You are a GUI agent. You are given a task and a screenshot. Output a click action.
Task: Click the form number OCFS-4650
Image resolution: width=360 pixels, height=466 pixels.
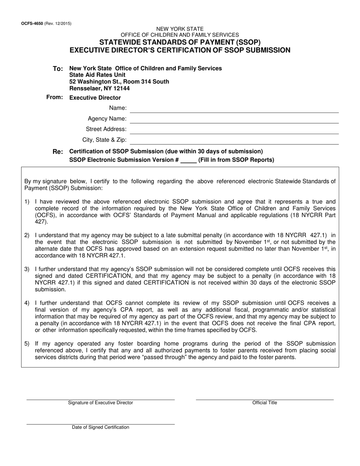click(32, 23)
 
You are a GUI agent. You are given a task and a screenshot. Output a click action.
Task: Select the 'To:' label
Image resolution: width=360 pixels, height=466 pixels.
click(58, 69)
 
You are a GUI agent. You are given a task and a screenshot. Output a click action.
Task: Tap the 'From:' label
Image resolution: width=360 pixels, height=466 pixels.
click(55, 97)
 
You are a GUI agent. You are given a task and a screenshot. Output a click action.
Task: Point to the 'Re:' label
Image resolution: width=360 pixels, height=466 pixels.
click(58, 152)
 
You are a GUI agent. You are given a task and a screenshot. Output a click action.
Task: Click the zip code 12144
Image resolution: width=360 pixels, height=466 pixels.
click(121, 88)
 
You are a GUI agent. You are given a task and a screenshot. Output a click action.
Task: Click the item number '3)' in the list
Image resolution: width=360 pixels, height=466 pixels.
click(27, 269)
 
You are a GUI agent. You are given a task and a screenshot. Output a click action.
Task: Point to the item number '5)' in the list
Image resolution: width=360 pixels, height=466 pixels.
click(27, 344)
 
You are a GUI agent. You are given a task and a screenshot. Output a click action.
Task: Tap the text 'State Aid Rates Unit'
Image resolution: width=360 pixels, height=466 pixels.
click(97, 75)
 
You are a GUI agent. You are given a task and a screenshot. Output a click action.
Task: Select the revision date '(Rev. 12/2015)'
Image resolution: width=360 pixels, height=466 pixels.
click(58, 23)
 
